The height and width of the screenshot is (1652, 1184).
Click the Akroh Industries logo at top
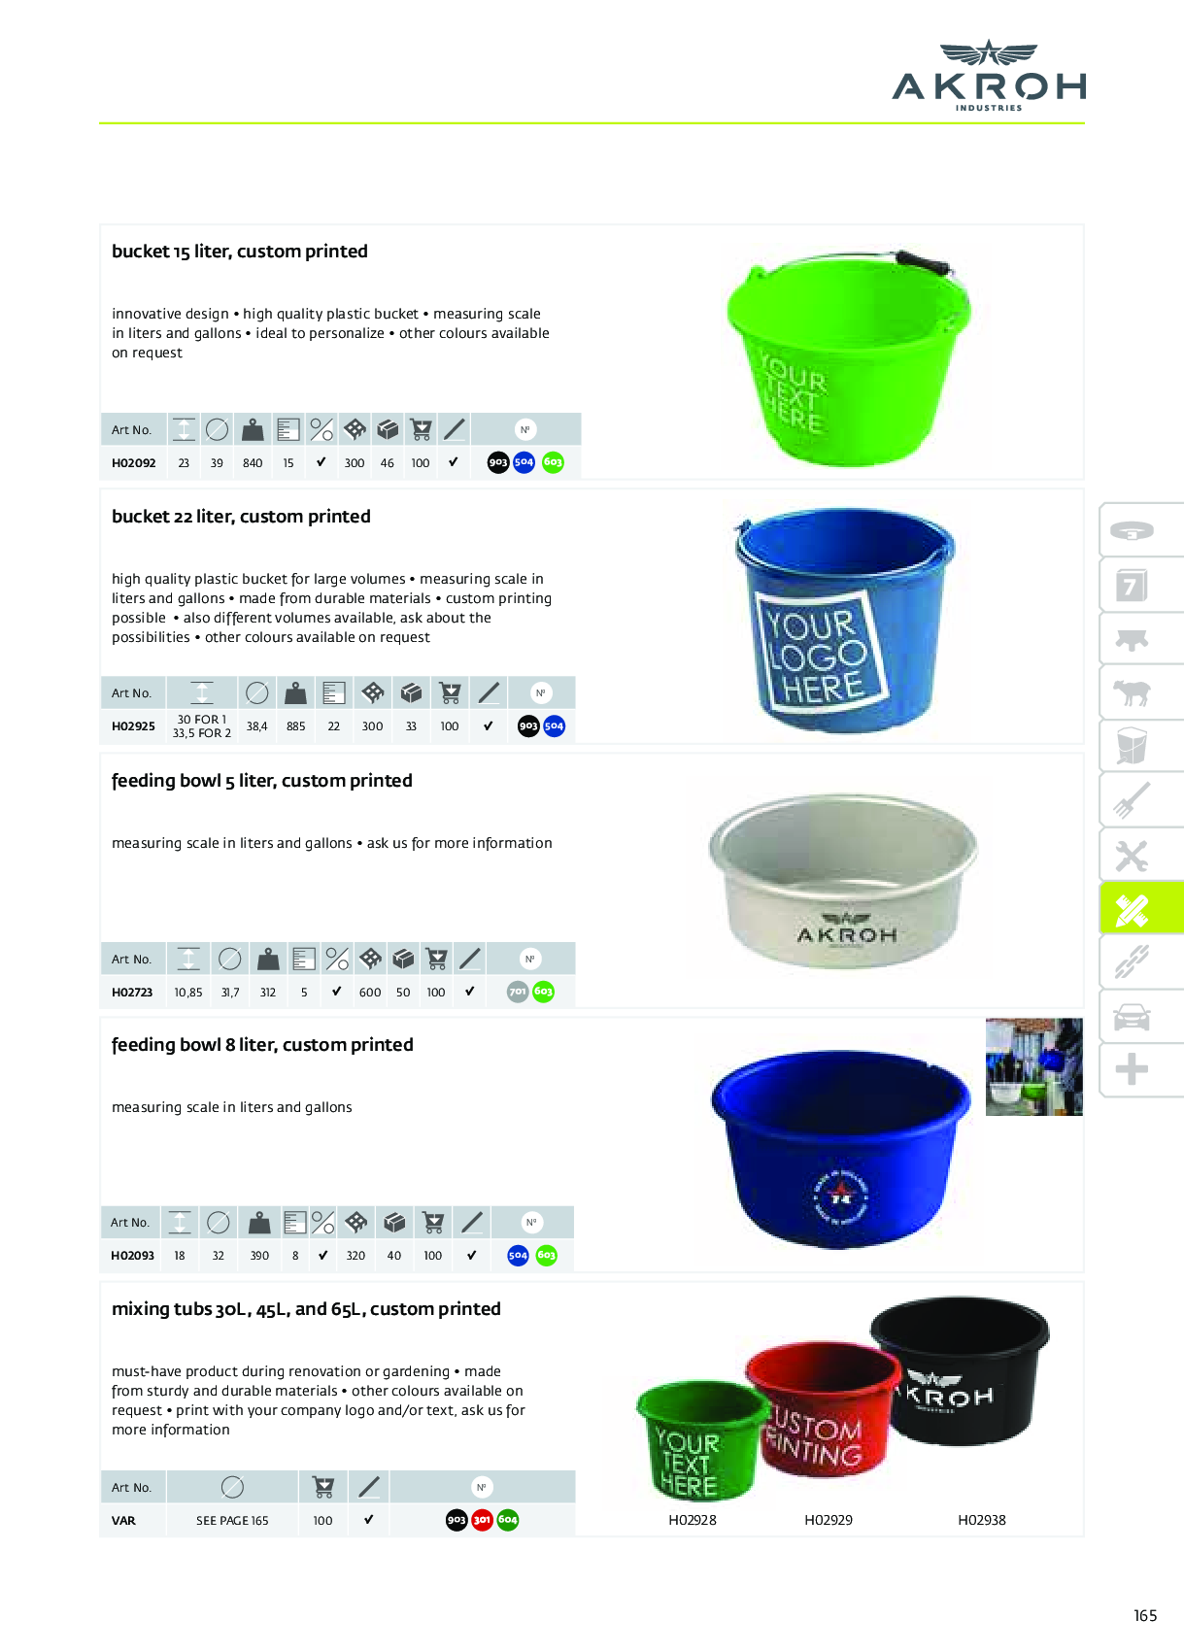(x=988, y=76)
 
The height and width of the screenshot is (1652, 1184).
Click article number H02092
(x=133, y=463)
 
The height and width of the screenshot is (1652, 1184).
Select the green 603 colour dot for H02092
(x=553, y=462)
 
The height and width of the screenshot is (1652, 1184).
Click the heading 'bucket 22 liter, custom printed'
(x=241, y=517)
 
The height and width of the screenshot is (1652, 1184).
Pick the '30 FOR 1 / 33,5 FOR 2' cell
(x=201, y=726)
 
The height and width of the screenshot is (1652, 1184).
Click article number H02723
(x=132, y=993)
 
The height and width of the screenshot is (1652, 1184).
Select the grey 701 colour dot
(x=518, y=992)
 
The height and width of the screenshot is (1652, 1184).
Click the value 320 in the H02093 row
(x=355, y=1256)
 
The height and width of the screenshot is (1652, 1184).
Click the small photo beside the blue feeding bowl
(x=1033, y=1066)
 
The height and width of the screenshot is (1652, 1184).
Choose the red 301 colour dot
(x=482, y=1520)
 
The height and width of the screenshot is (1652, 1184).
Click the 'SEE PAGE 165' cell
(x=232, y=1521)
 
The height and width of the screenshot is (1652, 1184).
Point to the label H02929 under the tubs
(x=829, y=1520)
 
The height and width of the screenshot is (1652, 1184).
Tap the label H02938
(x=982, y=1520)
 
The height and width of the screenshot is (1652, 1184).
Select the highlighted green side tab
(x=1140, y=908)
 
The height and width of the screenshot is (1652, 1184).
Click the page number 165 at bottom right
(x=1145, y=1616)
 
